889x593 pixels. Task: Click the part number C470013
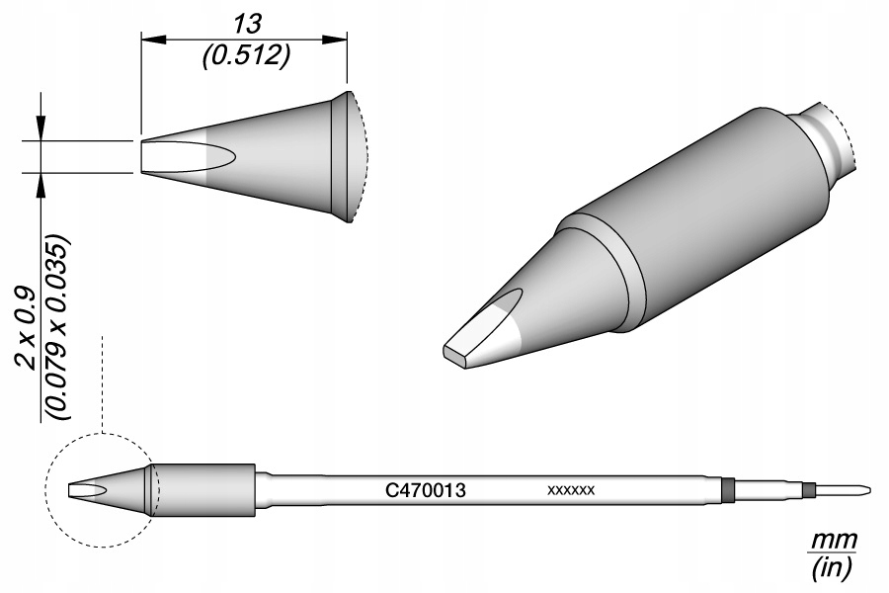(425, 489)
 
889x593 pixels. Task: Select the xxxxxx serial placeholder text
(570, 490)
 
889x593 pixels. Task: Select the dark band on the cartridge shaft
(728, 489)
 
